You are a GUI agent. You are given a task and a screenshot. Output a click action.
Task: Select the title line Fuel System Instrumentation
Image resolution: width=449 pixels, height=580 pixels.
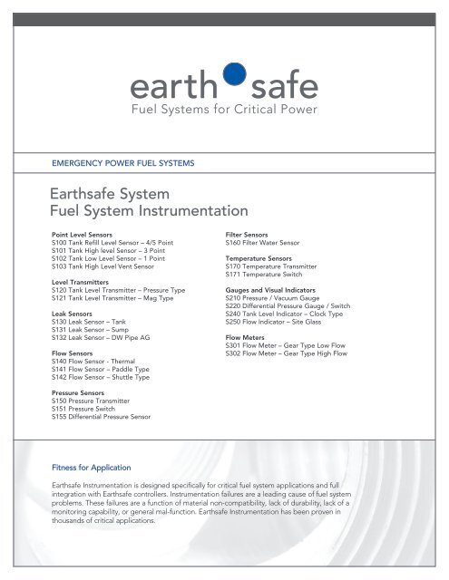pos(149,211)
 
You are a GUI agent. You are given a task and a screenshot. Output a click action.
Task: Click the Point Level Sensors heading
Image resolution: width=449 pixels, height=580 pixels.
pos(86,234)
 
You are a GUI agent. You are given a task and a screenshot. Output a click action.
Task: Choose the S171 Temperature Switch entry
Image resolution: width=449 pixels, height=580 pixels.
pos(268,276)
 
